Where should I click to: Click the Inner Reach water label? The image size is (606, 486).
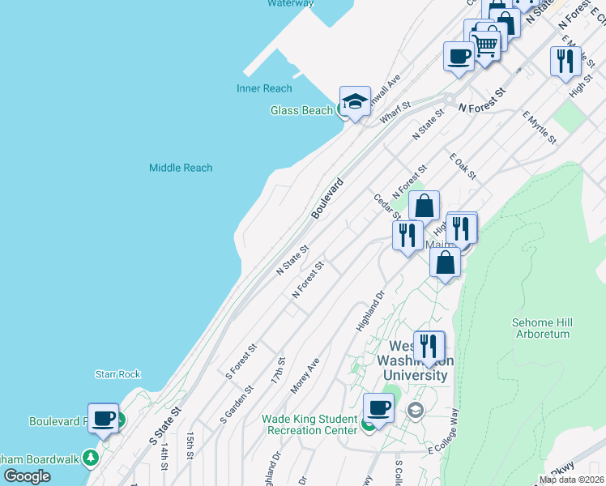pyautogui.click(x=264, y=88)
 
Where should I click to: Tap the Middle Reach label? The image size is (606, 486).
pyautogui.click(x=181, y=168)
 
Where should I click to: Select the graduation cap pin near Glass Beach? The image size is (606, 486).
pyautogui.click(x=355, y=102)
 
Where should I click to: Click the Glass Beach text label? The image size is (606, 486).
pyautogui.click(x=301, y=110)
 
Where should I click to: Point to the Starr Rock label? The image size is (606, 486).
pyautogui.click(x=118, y=374)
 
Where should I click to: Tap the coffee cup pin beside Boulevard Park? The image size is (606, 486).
pyautogui.click(x=103, y=419)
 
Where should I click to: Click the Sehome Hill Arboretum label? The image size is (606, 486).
pyautogui.click(x=542, y=328)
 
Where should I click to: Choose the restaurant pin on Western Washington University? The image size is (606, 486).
pyautogui.click(x=429, y=347)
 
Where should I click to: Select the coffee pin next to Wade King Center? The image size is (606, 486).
pyautogui.click(x=378, y=408)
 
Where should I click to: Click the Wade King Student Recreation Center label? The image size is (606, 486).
pyautogui.click(x=309, y=424)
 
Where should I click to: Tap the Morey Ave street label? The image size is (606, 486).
pyautogui.click(x=305, y=376)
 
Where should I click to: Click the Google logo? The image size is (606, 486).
pyautogui.click(x=27, y=476)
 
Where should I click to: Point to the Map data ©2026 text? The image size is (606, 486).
pyautogui.click(x=571, y=480)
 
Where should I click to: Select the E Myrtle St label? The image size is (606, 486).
pyautogui.click(x=540, y=128)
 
